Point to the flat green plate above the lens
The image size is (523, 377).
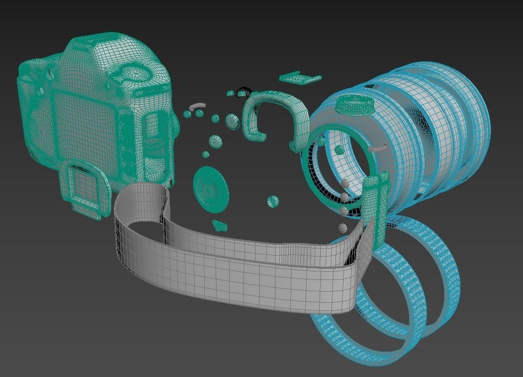click(x=300, y=78)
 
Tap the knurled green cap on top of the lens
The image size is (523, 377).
click(x=355, y=105)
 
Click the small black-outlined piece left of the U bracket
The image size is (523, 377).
click(x=244, y=92)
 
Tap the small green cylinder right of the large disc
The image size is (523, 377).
click(x=273, y=202)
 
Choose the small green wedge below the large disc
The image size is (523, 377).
click(x=220, y=225)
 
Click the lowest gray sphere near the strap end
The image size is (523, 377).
click(x=343, y=228)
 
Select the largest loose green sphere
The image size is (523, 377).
click(x=232, y=121)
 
